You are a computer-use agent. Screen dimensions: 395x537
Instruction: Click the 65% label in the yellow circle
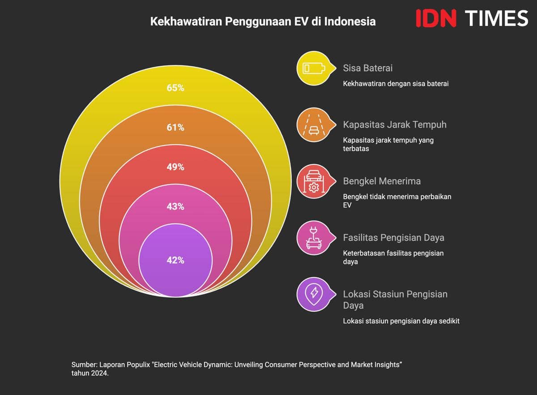tap(175, 88)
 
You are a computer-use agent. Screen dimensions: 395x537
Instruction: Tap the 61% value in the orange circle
tap(175, 128)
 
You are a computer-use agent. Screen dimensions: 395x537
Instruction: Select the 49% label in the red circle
tap(175, 167)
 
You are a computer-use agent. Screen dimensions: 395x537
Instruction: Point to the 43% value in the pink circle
tap(175, 206)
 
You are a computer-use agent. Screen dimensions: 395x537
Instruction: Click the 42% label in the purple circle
tap(175, 260)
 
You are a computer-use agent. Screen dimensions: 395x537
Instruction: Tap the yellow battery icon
tap(312, 69)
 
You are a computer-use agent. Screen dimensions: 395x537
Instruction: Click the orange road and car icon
tap(312, 125)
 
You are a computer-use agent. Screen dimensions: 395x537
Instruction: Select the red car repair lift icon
tap(312, 181)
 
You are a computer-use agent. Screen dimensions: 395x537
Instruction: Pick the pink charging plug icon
tap(312, 238)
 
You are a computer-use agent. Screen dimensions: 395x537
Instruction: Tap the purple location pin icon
tap(312, 294)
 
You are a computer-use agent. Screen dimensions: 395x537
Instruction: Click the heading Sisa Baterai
tap(367, 68)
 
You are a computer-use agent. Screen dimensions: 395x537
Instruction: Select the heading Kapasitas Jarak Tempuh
tap(395, 125)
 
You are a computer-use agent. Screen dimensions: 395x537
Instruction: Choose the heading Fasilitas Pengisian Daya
tap(393, 237)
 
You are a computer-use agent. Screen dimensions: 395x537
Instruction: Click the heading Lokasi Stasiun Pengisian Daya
tap(395, 299)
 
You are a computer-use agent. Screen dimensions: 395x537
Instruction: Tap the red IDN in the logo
tap(436, 18)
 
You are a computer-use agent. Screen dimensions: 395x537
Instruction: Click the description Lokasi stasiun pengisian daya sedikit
tap(401, 321)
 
